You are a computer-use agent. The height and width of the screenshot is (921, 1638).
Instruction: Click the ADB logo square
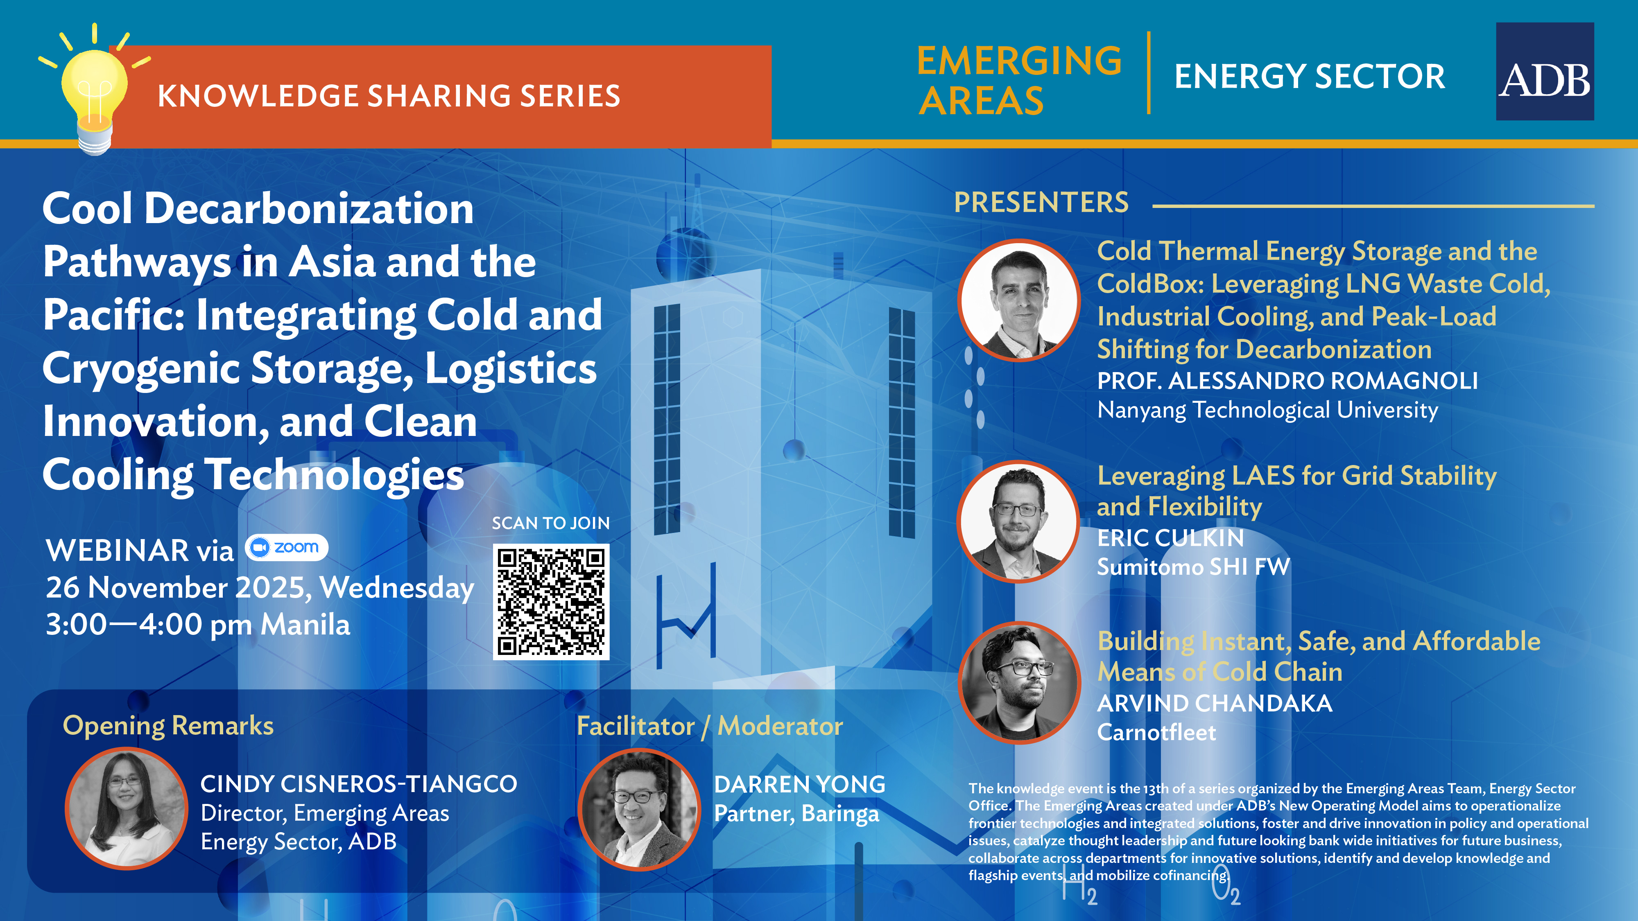click(1545, 71)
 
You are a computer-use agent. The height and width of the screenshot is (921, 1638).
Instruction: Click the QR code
click(551, 601)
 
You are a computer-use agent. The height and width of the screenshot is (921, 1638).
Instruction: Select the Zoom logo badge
click(286, 547)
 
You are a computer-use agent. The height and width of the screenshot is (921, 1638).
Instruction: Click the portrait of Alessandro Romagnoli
click(1019, 300)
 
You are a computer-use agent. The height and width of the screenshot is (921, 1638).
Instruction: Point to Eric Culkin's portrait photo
click(1019, 521)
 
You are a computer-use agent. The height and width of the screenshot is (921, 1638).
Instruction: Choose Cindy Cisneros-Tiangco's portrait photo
click(127, 808)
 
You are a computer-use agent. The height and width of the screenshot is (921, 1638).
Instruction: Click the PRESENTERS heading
click(1041, 203)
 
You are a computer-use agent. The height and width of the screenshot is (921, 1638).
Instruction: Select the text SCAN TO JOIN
click(551, 523)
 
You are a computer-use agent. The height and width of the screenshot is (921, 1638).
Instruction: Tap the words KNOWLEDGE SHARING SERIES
click(389, 96)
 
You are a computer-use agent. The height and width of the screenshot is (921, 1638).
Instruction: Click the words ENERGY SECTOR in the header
click(1309, 76)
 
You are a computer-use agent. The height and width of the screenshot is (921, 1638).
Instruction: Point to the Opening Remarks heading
click(168, 726)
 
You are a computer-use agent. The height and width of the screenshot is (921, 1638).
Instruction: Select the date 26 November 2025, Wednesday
click(260, 588)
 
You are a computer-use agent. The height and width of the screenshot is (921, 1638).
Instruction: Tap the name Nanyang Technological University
click(1267, 411)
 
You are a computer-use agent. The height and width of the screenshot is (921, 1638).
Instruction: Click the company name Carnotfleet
click(1156, 732)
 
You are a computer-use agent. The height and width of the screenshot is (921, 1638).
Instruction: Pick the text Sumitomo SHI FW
click(1194, 567)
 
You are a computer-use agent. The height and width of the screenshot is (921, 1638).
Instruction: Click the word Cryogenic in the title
click(141, 369)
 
